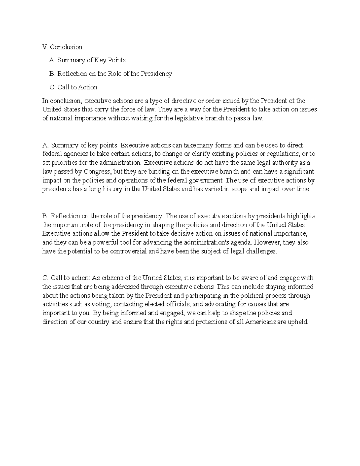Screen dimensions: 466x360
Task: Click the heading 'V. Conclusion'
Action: (62, 47)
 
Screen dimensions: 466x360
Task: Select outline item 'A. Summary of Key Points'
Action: (87, 60)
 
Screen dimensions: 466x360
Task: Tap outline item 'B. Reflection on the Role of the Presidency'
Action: (110, 74)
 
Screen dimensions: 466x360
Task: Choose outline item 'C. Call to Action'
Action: (73, 87)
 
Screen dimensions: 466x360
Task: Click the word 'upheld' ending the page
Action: (298, 322)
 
